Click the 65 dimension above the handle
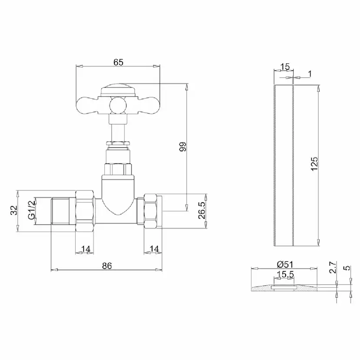[118, 62]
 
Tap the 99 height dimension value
[183, 147]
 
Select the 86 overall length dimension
[107, 266]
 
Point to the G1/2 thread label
[31, 210]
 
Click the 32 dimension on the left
[14, 210]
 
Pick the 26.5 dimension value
[202, 211]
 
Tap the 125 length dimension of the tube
[314, 164]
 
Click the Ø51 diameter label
[285, 264]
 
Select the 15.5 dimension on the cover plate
[285, 274]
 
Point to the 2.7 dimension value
[333, 267]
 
